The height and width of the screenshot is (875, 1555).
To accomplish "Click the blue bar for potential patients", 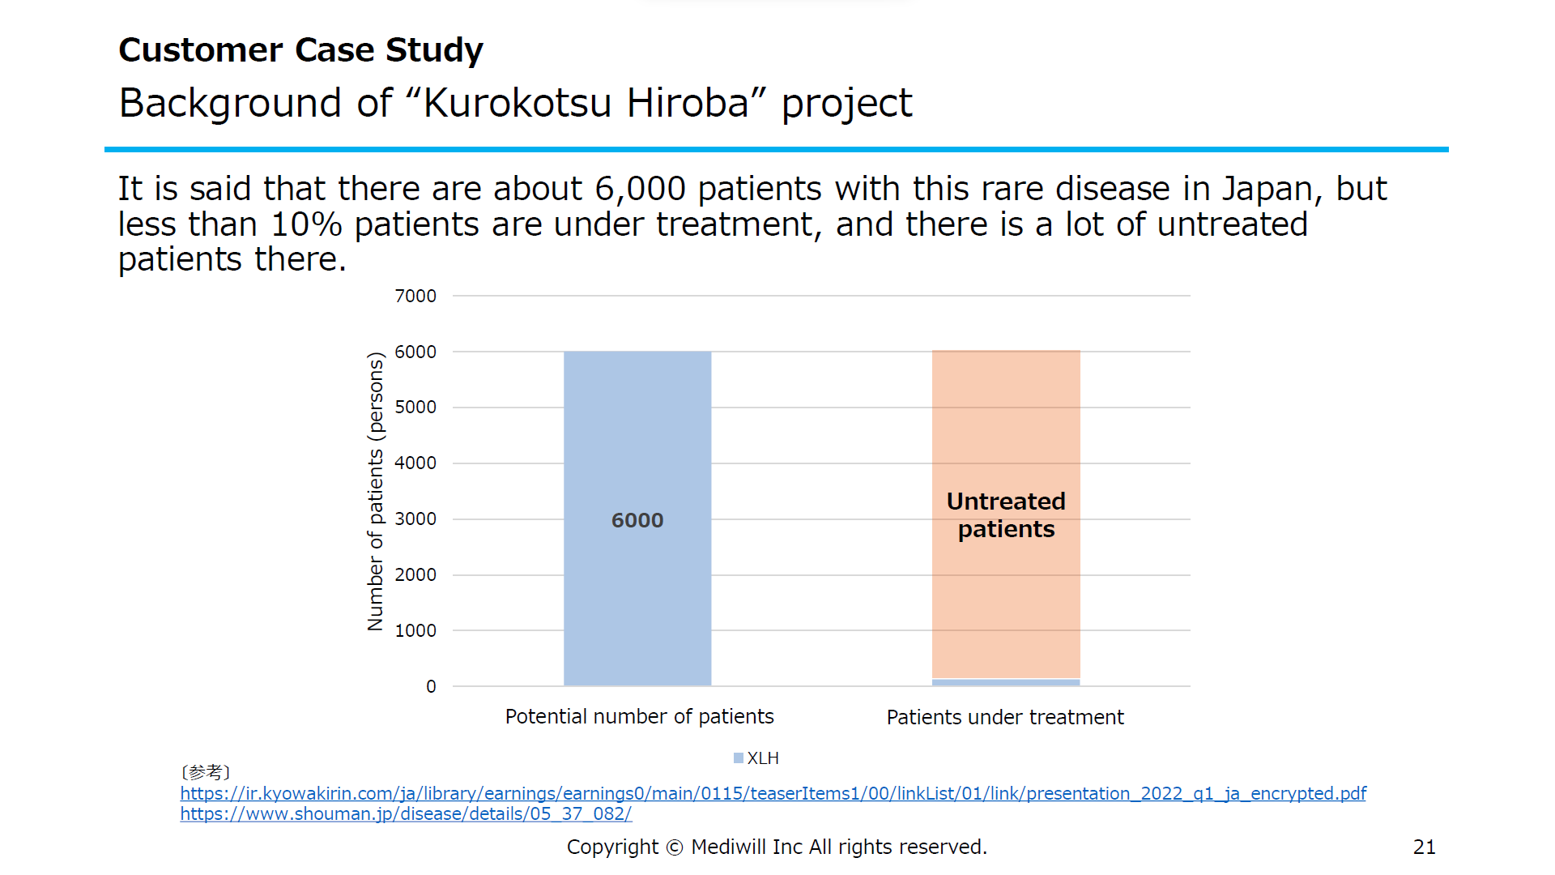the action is [x=637, y=519].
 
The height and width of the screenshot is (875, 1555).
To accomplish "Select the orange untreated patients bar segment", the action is [x=1006, y=514].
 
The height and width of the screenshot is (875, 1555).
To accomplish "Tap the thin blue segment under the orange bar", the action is [x=1006, y=682].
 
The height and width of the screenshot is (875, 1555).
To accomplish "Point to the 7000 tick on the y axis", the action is [x=415, y=297].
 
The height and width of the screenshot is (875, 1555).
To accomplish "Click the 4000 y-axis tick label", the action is [x=415, y=463].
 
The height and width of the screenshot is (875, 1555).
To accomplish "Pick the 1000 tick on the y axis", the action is [x=415, y=631].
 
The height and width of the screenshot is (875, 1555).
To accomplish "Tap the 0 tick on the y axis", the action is [x=431, y=687].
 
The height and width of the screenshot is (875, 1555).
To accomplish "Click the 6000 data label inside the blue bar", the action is [x=637, y=520].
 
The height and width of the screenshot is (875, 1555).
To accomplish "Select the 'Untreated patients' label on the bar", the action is [x=1006, y=515].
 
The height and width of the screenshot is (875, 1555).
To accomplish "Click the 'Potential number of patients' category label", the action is [x=640, y=717].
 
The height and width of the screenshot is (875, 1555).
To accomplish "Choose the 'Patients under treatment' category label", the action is [x=1005, y=718].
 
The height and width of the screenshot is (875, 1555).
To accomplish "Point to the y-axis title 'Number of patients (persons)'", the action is [x=376, y=492].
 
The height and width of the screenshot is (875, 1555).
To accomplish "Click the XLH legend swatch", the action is [x=739, y=758].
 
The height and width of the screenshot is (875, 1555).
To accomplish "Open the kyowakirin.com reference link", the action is [x=773, y=794].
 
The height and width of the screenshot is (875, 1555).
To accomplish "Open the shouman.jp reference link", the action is [x=406, y=814].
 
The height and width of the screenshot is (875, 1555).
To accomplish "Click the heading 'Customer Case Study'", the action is [x=301, y=50].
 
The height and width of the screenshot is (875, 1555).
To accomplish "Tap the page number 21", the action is [x=1425, y=847].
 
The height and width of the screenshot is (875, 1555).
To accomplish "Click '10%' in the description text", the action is [x=306, y=225].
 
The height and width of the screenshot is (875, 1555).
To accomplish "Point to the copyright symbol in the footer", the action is [x=675, y=847].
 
